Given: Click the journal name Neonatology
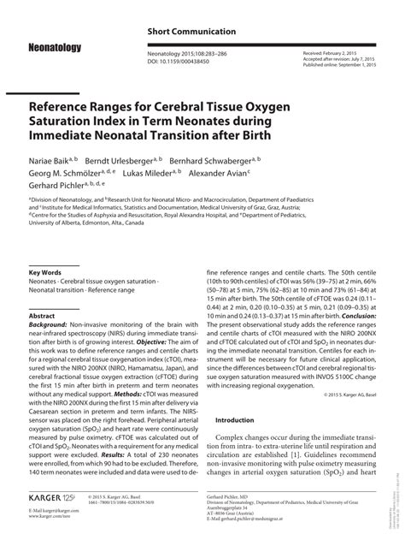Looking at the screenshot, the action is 54,48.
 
